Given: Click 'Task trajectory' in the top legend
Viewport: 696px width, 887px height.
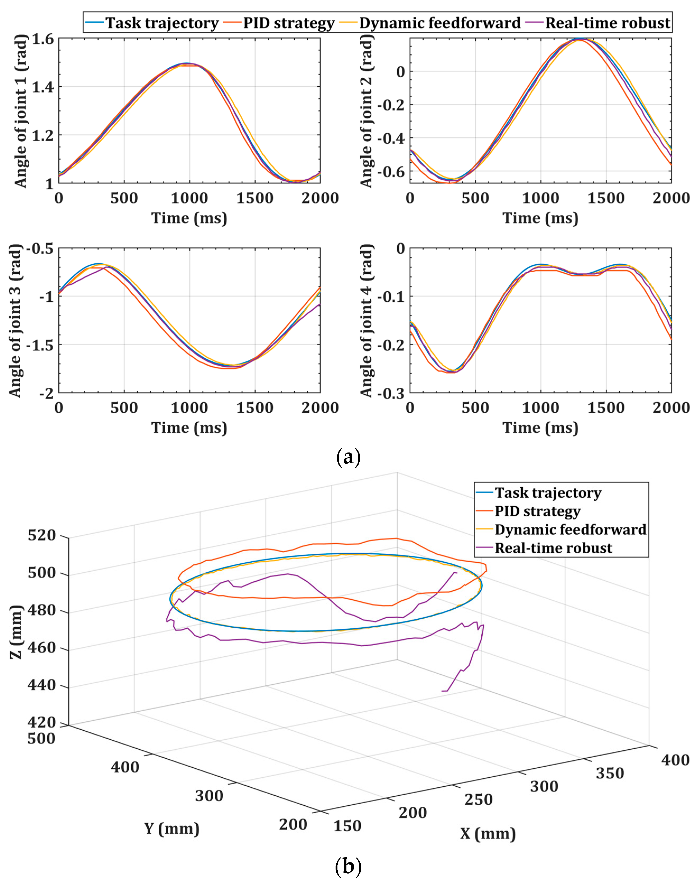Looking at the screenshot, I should click(162, 23).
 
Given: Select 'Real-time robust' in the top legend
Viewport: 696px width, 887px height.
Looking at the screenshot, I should click(607, 23).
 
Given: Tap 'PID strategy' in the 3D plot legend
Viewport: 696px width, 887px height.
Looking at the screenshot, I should click(537, 511).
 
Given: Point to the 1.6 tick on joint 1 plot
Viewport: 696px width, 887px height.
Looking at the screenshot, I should click(42, 39).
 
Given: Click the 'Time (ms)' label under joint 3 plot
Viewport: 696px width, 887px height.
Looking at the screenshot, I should click(189, 428).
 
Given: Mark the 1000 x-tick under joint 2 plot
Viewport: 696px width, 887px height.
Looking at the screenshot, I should click(540, 198).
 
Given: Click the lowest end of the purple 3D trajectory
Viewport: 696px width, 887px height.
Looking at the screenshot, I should click(443, 691).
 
